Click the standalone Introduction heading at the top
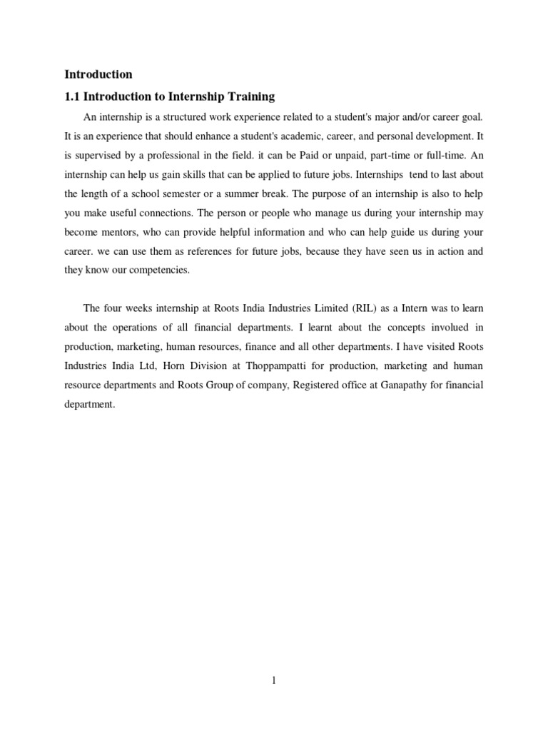coord(98,74)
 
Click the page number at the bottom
coord(274,681)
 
